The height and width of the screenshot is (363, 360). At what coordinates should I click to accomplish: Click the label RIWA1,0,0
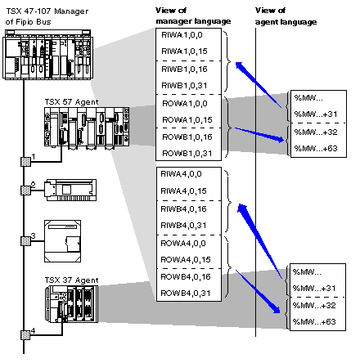click(x=182, y=35)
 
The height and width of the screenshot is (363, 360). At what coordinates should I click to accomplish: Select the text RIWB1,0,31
click(x=184, y=86)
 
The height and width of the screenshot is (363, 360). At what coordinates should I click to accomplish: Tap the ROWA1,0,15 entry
click(x=187, y=120)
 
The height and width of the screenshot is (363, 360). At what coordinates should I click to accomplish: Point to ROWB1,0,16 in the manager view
click(x=187, y=137)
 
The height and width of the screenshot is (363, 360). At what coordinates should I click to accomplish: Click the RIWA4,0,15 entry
click(x=183, y=191)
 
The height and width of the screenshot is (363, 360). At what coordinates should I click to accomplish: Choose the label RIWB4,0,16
click(x=183, y=209)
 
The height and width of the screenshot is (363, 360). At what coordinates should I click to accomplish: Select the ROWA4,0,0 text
click(x=183, y=244)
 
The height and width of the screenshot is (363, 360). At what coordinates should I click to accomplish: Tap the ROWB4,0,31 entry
click(x=186, y=294)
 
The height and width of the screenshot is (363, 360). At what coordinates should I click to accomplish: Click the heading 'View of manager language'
click(x=193, y=16)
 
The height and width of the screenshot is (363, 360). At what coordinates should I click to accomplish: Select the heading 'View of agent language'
click(x=286, y=16)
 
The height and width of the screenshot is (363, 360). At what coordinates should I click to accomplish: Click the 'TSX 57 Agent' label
click(x=71, y=102)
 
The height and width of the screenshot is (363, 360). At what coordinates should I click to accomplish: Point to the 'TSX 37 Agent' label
click(x=71, y=280)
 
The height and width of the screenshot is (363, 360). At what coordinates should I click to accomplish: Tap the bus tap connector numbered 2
click(x=25, y=190)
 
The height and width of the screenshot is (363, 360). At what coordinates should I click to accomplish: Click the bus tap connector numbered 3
click(x=25, y=241)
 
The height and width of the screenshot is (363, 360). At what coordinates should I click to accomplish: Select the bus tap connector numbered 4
click(x=25, y=335)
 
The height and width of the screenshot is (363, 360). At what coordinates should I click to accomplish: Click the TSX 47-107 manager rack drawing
click(x=48, y=55)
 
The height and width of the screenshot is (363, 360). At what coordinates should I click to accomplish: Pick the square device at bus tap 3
click(x=62, y=241)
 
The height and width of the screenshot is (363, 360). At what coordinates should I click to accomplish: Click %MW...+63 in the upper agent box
click(x=316, y=149)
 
